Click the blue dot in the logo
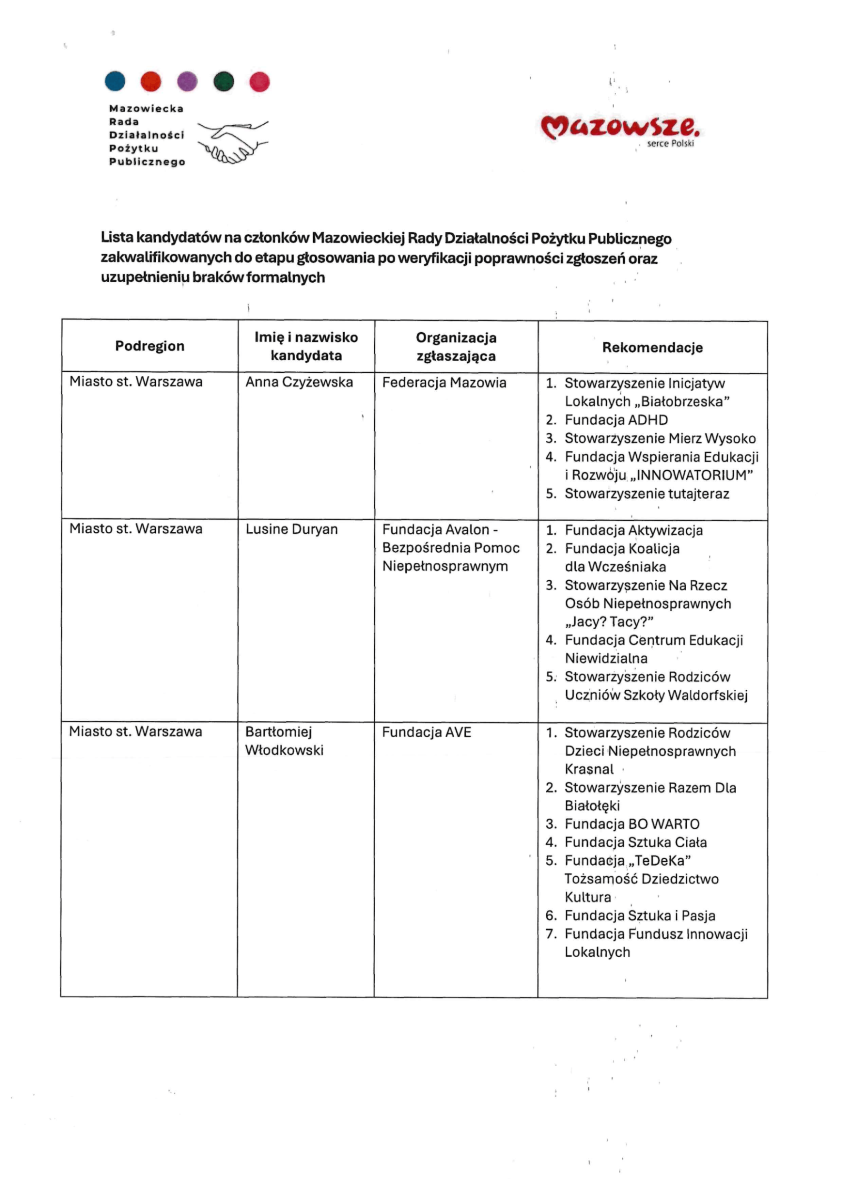coord(115,81)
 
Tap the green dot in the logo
coord(224,82)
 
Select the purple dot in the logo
coord(187,82)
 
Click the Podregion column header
coord(149,346)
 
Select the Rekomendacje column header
coord(652,348)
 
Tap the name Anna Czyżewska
coord(299,382)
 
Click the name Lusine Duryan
coord(292,529)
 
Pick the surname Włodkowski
coord(284,750)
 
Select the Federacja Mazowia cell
coord(444,383)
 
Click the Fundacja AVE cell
coord(426,732)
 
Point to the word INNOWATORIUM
coord(695,475)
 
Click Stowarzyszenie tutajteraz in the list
coord(647,494)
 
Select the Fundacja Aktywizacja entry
coord(634,530)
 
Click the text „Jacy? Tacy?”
coord(609,622)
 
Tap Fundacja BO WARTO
coord(632,824)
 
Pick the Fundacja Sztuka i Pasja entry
coord(640,916)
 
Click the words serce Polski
coord(670,144)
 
